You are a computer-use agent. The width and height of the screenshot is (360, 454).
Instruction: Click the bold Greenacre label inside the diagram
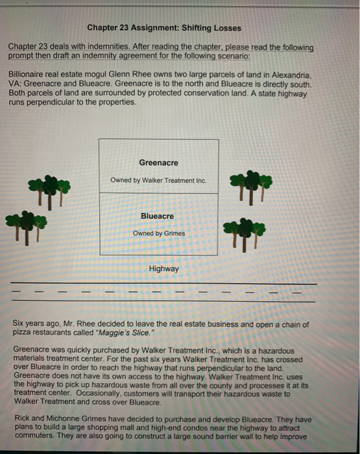click(158, 162)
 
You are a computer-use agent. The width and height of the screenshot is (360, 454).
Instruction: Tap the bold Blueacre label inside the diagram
click(158, 215)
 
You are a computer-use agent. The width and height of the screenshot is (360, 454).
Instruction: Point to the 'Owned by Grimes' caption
click(159, 233)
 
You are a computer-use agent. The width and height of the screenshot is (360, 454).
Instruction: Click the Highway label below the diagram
click(163, 268)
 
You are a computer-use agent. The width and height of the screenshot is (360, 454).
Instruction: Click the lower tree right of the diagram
click(244, 231)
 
